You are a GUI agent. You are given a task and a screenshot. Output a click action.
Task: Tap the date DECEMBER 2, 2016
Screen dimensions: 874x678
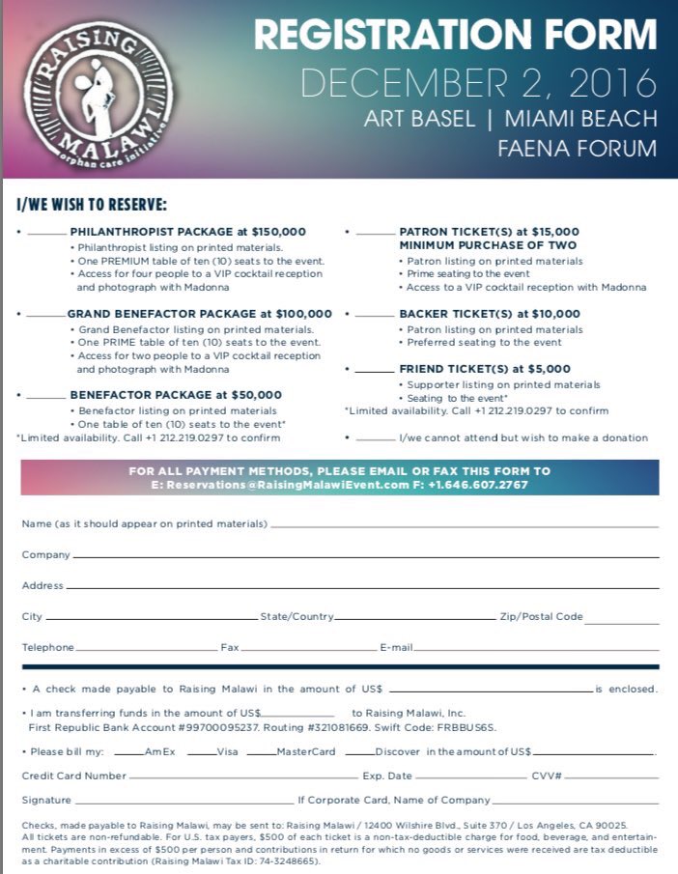pyautogui.click(x=478, y=83)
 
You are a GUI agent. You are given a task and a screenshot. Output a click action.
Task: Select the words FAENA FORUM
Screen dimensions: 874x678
pyautogui.click(x=577, y=149)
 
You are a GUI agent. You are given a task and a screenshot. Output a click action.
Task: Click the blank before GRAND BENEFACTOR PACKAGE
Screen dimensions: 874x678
pyautogui.click(x=45, y=316)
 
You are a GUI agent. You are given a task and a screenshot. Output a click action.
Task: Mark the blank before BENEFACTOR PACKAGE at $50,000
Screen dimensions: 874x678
pyautogui.click(x=46, y=396)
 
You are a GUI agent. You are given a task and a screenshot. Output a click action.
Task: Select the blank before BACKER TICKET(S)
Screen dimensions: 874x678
pyautogui.click(x=375, y=316)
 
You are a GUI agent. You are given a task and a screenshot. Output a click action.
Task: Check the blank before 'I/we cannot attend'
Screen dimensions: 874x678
pyautogui.click(x=375, y=439)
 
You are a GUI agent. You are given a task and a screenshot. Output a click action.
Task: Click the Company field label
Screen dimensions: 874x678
pyautogui.click(x=45, y=555)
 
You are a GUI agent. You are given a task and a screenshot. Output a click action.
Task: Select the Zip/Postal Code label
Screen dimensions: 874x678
pyautogui.click(x=541, y=616)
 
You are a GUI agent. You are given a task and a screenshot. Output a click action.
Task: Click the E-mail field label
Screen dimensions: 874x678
pyautogui.click(x=396, y=647)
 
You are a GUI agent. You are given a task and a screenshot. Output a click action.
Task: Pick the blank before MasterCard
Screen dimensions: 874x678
pyautogui.click(x=261, y=752)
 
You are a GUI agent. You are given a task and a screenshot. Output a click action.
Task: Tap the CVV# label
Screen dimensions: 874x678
pyautogui.click(x=547, y=775)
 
